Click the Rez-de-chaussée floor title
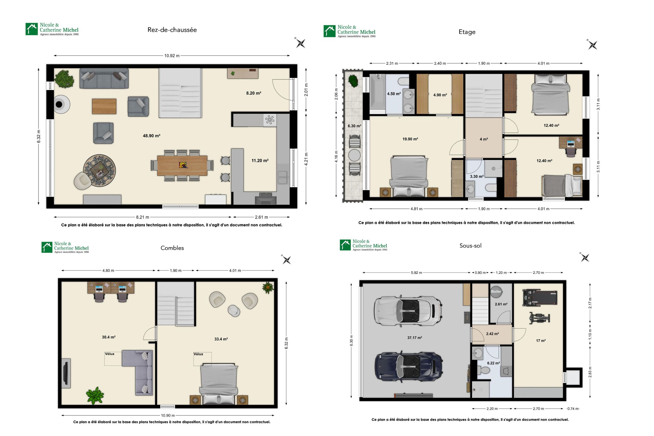[x=172, y=30]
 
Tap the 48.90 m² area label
[x=151, y=136]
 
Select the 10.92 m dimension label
[x=172, y=56]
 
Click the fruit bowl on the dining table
[x=183, y=165]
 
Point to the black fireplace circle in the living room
[x=59, y=104]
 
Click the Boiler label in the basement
[x=496, y=292]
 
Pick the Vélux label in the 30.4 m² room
[x=110, y=354]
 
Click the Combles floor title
[x=172, y=248]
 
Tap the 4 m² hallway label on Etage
[x=484, y=139]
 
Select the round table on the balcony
[x=354, y=155]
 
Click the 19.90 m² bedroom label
[x=410, y=139]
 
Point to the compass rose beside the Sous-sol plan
[x=585, y=258]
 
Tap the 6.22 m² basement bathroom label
[x=493, y=363]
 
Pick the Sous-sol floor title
[x=470, y=246]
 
